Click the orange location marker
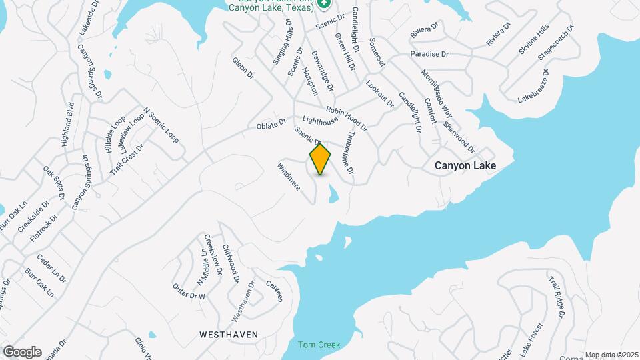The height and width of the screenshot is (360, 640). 321,159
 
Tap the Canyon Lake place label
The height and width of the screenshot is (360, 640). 465,165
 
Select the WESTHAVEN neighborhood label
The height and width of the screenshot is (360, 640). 229,333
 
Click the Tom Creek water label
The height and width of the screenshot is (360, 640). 319,345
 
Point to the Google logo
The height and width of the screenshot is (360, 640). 22,352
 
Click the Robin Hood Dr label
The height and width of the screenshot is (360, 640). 347,117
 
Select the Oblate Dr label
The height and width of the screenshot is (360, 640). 271,125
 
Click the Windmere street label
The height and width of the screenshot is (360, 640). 289,175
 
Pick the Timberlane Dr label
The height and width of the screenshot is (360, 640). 349,153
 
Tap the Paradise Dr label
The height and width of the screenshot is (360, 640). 429,53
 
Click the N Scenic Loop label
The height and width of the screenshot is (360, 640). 161,125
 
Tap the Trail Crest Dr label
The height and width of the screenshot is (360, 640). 127,158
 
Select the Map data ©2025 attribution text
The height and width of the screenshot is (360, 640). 612,355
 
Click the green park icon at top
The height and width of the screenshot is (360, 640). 324,3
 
